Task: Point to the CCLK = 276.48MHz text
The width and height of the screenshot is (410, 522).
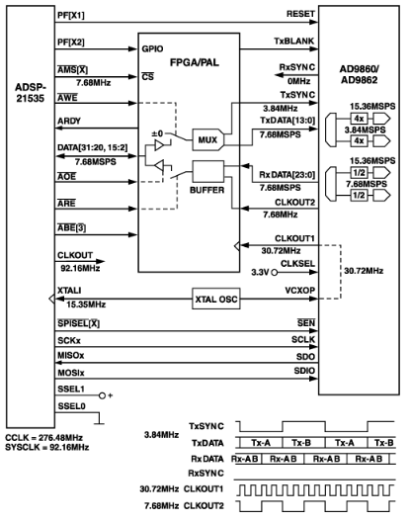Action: (x=46, y=436)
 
